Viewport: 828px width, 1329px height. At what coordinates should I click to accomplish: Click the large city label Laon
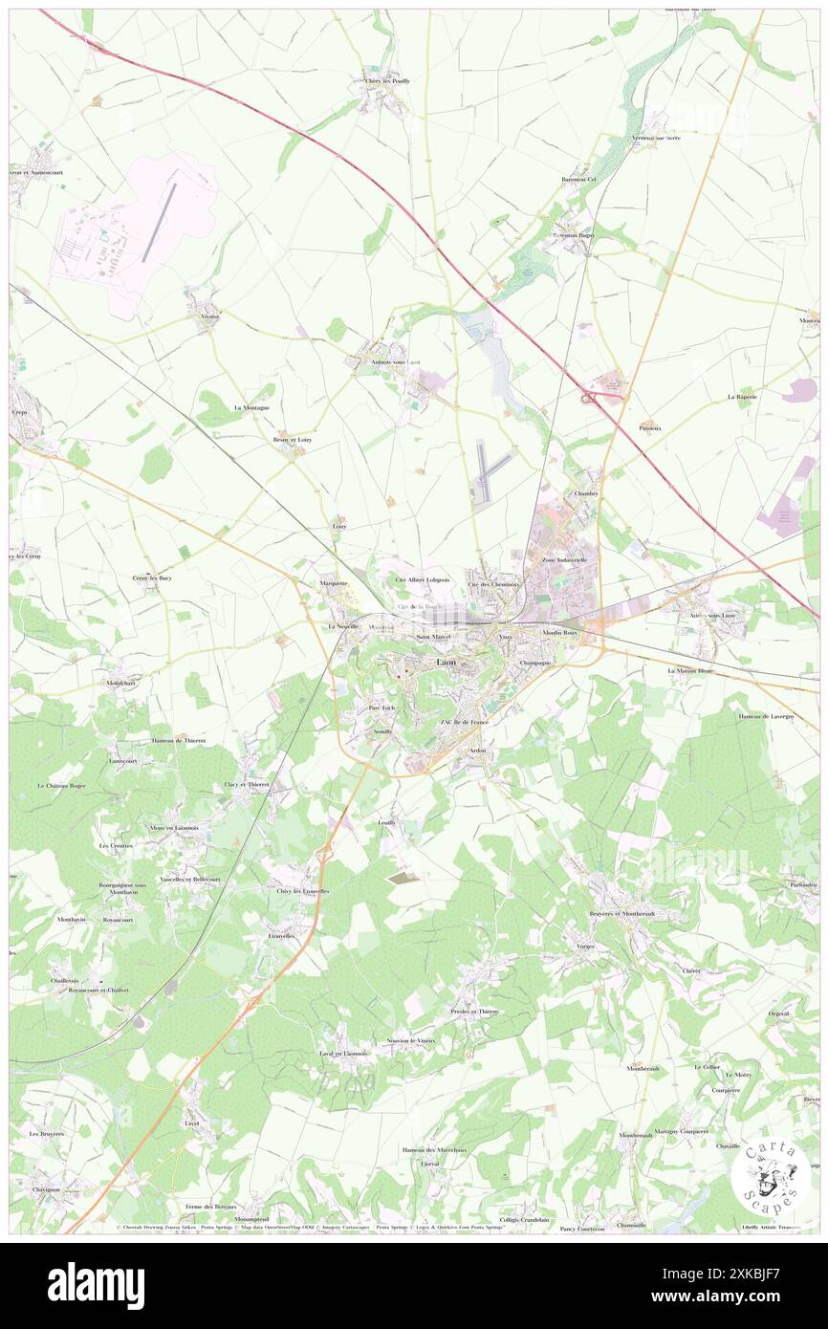coord(446,662)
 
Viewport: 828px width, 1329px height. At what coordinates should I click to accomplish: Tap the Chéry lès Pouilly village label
coord(387,81)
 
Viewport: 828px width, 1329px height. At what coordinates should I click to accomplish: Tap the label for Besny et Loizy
coord(293,440)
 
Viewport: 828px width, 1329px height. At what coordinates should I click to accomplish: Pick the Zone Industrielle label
coord(564,559)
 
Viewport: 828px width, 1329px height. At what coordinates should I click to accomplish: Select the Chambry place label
coord(585,493)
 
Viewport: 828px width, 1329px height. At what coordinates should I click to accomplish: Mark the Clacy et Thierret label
coord(247,784)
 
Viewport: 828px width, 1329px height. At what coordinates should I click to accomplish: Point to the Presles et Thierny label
coord(475,1011)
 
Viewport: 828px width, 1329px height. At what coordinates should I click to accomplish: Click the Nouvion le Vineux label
coord(411,1040)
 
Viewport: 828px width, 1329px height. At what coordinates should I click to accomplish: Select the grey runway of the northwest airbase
coord(160,222)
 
